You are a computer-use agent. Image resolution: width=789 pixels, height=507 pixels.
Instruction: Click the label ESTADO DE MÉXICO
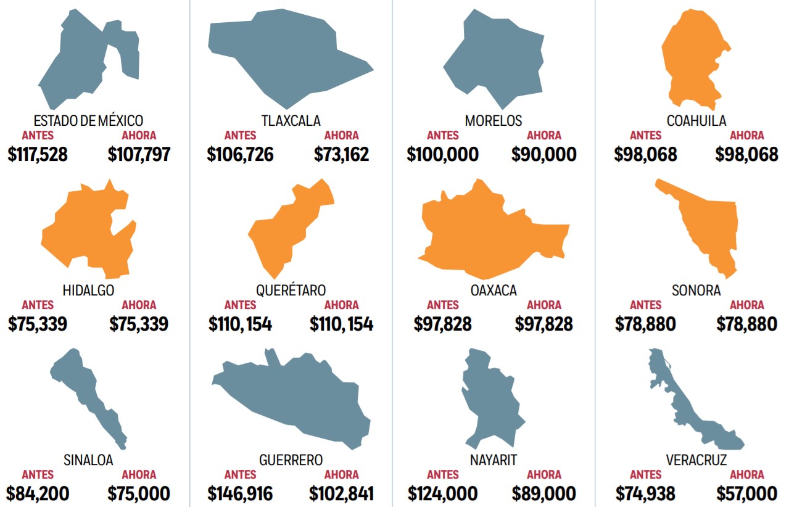point(88,120)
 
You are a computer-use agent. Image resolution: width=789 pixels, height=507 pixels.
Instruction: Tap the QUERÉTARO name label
point(291,290)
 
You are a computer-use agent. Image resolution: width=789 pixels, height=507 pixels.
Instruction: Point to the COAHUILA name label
point(696,120)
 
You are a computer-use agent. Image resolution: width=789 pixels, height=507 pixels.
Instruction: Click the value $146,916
point(240,493)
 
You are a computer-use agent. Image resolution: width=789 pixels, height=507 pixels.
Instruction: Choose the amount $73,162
point(341,154)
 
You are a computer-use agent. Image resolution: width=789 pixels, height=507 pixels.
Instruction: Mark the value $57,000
point(746,493)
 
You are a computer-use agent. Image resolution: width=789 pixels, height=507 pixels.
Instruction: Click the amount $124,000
point(442,493)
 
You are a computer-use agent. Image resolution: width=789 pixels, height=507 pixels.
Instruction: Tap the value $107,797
point(139,154)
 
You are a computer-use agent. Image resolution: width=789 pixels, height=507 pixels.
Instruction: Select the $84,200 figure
point(38,493)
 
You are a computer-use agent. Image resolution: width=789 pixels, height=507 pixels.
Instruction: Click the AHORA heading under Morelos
point(544,136)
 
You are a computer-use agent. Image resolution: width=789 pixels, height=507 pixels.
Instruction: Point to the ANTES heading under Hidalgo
point(38,305)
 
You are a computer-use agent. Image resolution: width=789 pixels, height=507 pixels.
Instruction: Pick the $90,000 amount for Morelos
point(543,154)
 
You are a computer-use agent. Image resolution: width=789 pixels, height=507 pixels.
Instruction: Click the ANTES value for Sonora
point(645,324)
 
